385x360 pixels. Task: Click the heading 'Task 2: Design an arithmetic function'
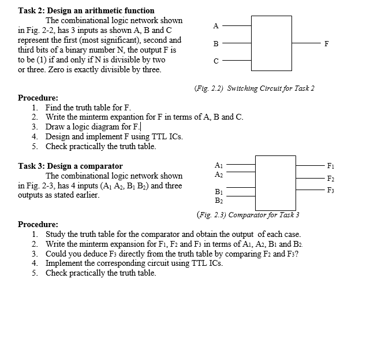click(86, 10)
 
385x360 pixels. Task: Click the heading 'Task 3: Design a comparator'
click(70, 166)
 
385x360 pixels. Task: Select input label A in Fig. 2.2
click(216, 25)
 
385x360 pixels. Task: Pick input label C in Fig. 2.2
click(216, 62)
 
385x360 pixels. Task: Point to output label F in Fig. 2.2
click(327, 43)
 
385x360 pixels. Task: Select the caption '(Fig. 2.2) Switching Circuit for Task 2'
click(254, 88)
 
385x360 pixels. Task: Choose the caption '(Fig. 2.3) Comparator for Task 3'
click(248, 215)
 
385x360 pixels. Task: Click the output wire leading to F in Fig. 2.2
click(306, 43)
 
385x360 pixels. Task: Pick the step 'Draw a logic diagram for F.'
click(94, 127)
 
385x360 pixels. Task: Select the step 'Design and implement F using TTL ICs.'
click(114, 136)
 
